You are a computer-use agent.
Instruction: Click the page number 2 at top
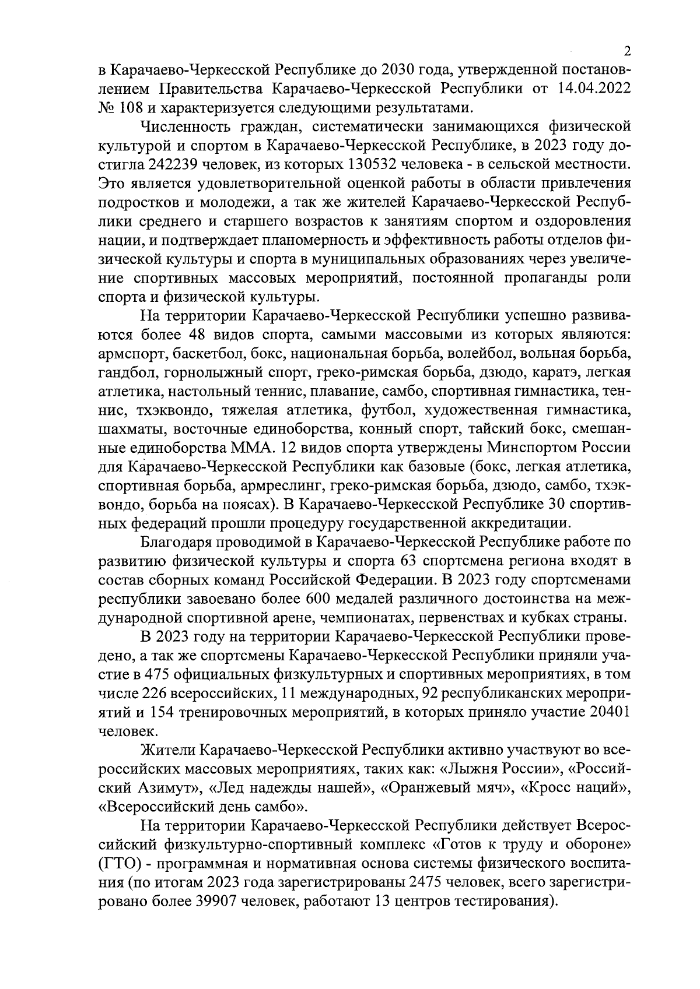627,51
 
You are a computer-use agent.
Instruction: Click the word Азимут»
173,787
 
